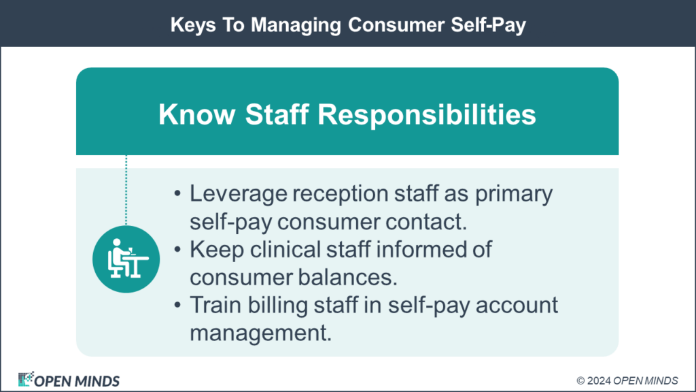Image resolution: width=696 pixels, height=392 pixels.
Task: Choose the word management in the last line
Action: point(260,334)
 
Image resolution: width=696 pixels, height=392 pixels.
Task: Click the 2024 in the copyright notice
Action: point(601,380)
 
